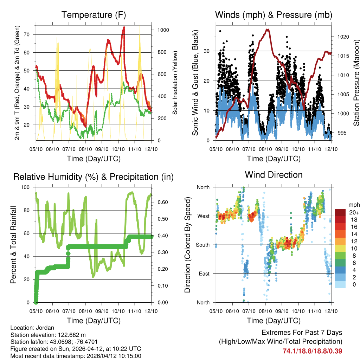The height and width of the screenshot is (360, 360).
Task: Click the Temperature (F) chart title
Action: tap(94, 15)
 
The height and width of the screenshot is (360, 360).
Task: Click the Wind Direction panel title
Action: tap(274, 175)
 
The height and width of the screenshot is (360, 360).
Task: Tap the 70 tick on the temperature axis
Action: tap(30, 34)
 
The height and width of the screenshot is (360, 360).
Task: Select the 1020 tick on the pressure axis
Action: tap(343, 37)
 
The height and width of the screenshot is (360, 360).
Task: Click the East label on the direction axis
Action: tap(203, 274)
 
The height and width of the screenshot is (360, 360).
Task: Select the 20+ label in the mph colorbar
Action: tap(353, 213)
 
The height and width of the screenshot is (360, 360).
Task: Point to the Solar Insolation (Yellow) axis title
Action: tap(175, 83)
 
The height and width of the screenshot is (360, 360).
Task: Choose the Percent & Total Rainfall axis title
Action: tap(13, 245)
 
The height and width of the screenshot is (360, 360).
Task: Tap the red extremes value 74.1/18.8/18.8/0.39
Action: tap(312, 351)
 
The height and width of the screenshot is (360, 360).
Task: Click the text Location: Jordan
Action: tap(32, 328)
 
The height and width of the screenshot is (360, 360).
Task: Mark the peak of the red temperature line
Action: tap(124, 27)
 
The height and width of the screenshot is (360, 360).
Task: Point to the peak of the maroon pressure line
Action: tap(268, 29)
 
